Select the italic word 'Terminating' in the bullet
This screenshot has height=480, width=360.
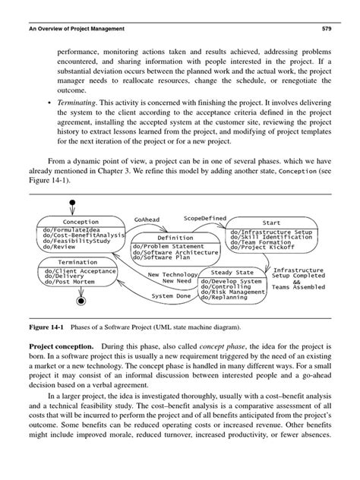click(x=80, y=101)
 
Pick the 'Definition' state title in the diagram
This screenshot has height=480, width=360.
click(x=175, y=238)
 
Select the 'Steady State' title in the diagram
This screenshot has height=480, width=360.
click(x=232, y=272)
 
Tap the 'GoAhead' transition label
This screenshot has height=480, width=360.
click(x=147, y=220)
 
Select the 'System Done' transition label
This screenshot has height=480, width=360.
click(x=172, y=295)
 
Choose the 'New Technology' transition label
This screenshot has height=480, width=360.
click(x=171, y=274)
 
